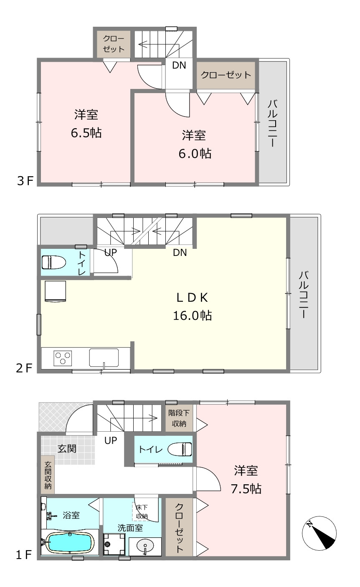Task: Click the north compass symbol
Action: pyautogui.click(x=319, y=533)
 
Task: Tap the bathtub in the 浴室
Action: pyautogui.click(x=70, y=541)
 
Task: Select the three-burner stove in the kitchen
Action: pyautogui.click(x=63, y=358)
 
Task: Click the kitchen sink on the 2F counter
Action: pyautogui.click(x=104, y=357)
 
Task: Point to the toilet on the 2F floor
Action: pyautogui.click(x=53, y=262)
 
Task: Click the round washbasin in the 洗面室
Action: pyautogui.click(x=145, y=547)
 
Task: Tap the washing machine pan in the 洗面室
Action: pyautogui.click(x=114, y=544)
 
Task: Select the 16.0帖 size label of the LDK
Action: pyautogui.click(x=193, y=316)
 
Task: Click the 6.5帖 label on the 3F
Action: pyautogui.click(x=86, y=133)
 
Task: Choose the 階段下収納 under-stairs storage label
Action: pyautogui.click(x=179, y=418)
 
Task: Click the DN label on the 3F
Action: pyautogui.click(x=179, y=65)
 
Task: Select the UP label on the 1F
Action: pyautogui.click(x=110, y=440)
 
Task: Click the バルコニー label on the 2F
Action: pyautogui.click(x=303, y=295)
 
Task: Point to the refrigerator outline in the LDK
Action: pyautogui.click(x=55, y=291)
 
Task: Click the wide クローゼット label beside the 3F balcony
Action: pyautogui.click(x=226, y=75)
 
